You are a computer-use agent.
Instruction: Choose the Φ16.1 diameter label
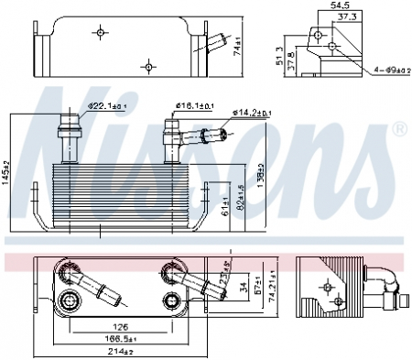pyautogui.click(x=195, y=107)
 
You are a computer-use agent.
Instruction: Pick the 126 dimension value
pyautogui.click(x=120, y=324)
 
